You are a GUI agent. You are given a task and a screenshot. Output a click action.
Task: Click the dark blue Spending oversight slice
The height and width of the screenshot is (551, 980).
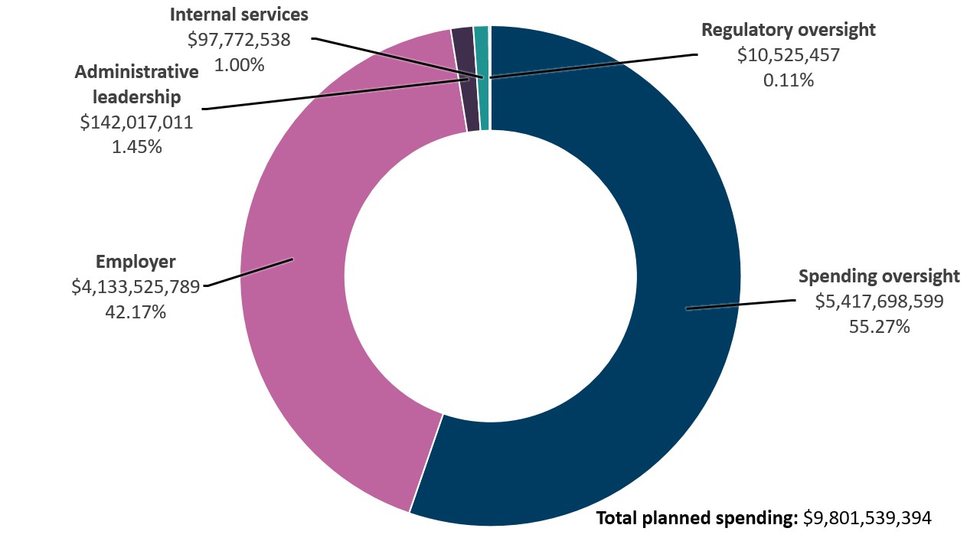(674, 230)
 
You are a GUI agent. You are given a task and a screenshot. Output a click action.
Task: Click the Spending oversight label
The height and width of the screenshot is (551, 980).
(879, 276)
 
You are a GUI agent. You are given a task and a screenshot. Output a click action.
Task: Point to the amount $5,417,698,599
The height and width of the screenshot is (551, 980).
(879, 302)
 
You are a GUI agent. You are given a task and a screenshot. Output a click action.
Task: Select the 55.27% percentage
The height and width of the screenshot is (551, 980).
(879, 327)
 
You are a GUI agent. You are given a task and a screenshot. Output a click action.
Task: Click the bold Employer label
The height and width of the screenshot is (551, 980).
(136, 262)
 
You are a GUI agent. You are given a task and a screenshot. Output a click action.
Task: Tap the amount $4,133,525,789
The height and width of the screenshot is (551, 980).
(136, 287)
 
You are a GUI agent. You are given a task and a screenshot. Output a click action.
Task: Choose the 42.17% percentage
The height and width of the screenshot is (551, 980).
(136, 312)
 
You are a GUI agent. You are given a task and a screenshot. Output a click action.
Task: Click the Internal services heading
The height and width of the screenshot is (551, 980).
(239, 15)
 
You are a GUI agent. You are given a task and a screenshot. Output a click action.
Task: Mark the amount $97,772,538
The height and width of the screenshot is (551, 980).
(239, 40)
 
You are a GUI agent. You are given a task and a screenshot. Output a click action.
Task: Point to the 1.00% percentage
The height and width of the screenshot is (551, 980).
(239, 65)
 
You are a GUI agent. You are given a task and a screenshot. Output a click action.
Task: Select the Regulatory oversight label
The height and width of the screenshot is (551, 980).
(788, 30)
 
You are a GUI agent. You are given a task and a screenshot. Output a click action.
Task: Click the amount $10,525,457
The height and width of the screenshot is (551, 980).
(788, 55)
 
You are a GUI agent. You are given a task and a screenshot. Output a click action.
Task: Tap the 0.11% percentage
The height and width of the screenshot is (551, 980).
(788, 80)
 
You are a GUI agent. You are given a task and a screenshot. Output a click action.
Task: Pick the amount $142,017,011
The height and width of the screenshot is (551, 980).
(136, 122)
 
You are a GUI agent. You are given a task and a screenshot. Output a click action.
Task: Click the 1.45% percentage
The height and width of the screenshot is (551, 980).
(136, 147)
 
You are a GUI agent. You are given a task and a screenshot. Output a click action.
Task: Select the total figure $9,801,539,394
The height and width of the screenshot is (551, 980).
(867, 518)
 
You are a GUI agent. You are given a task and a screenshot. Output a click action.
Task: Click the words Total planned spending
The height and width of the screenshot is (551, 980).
(697, 518)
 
